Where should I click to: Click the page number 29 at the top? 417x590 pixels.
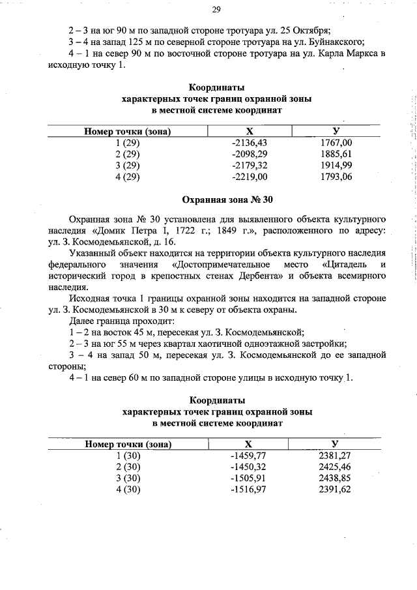point(217,9)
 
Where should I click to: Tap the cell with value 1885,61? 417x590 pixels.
point(336,154)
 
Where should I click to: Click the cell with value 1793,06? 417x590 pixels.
point(336,177)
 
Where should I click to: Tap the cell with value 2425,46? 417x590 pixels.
point(336,467)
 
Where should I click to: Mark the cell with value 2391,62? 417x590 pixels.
point(336,490)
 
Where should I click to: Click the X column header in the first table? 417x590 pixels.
point(249,131)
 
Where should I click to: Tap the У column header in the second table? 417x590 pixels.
point(336,444)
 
